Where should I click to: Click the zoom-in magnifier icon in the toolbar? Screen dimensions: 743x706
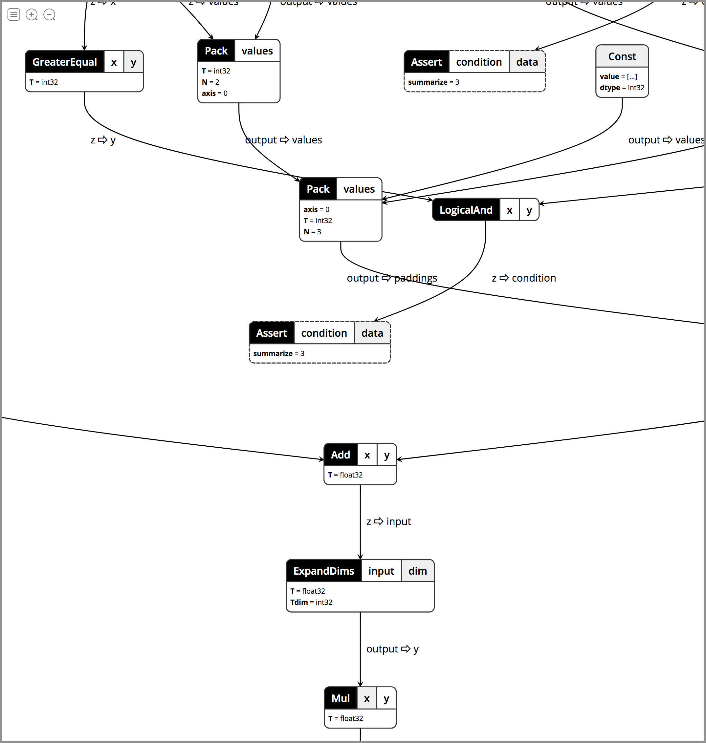tap(32, 15)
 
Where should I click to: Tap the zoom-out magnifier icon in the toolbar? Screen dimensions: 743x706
tap(49, 15)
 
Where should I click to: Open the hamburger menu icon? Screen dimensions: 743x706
tap(14, 15)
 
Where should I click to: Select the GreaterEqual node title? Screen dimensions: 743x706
tap(65, 62)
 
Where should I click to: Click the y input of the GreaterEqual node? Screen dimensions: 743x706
tap(133, 62)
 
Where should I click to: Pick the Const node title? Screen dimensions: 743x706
tap(622, 56)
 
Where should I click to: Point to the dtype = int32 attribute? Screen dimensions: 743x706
tap(622, 88)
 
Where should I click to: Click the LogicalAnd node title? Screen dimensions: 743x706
tap(466, 210)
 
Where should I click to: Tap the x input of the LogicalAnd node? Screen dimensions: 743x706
tap(510, 210)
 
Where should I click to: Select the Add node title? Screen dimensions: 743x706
tap(341, 455)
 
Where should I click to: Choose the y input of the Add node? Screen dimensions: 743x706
tap(387, 455)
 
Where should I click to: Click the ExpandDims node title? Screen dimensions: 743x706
tap(324, 571)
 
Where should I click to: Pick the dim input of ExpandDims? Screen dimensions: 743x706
tap(417, 571)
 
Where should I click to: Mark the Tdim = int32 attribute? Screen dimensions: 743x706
tap(311, 602)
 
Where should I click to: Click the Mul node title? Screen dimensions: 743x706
tap(341, 698)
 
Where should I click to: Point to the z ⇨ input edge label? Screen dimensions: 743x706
tap(389, 521)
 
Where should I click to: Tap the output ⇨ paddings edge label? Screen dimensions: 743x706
tap(392, 278)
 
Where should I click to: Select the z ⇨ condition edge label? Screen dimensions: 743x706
tap(523, 278)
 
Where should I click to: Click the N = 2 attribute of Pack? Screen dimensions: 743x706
tap(210, 82)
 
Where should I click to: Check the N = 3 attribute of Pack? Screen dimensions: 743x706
tap(312, 232)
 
